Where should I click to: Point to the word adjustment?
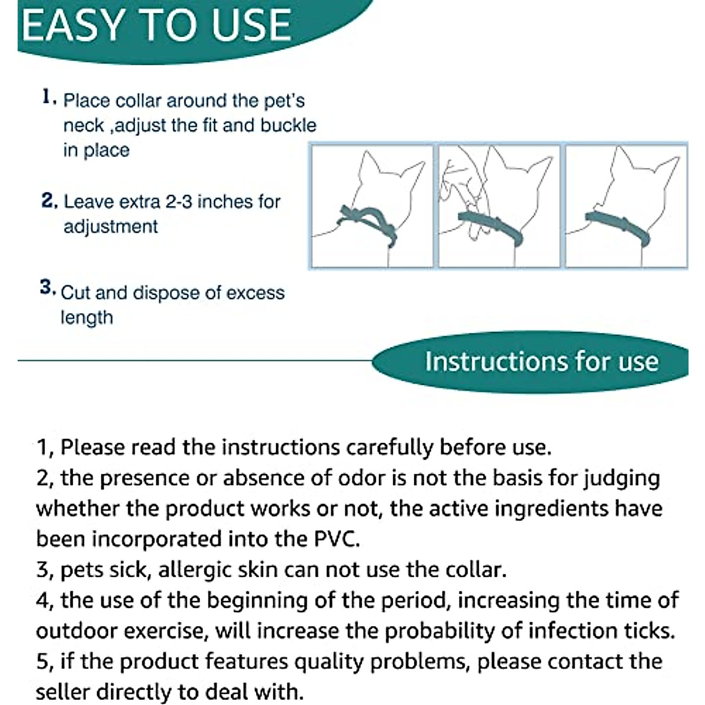(110, 227)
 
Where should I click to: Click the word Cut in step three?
(76, 293)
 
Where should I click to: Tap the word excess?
(255, 293)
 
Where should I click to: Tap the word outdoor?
(75, 631)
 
